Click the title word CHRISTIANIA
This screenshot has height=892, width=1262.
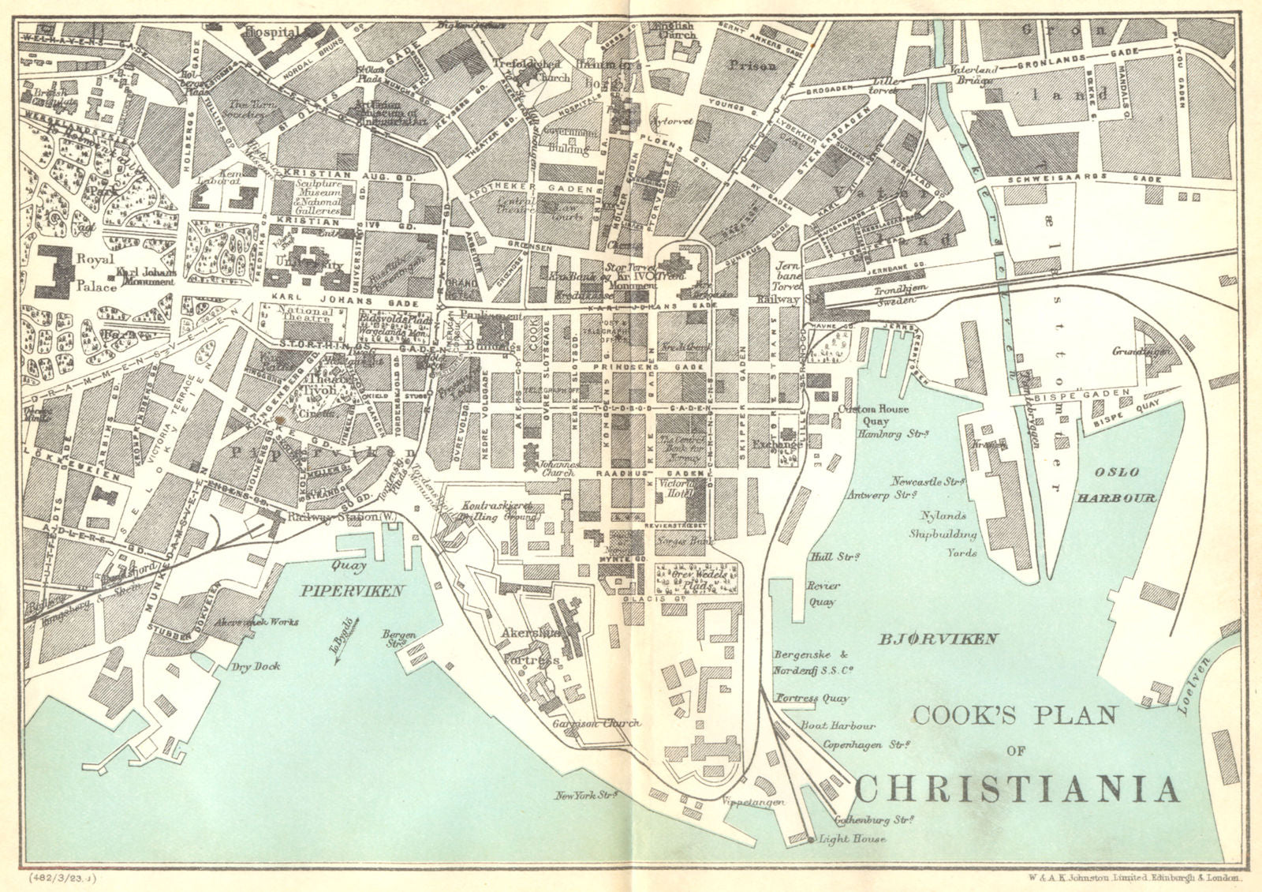coord(1017,789)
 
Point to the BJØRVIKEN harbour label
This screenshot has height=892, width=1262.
coord(939,639)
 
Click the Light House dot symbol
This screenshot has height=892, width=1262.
coord(812,839)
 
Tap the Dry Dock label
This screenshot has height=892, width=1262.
coord(256,666)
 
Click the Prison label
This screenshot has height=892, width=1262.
coord(752,66)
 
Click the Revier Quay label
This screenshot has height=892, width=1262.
coord(822,594)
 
